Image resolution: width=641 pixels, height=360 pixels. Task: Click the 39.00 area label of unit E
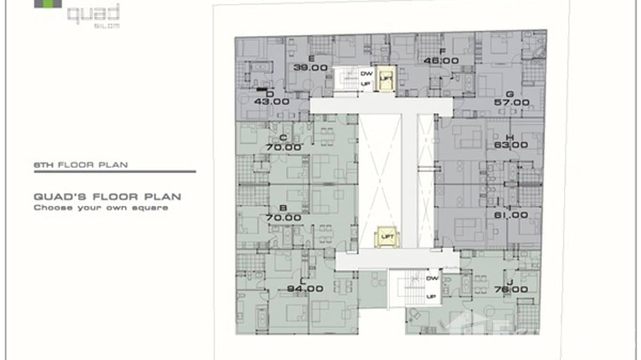point(310,68)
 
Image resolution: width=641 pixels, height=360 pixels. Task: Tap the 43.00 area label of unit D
point(272,101)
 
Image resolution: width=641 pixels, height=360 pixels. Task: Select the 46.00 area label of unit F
point(441,61)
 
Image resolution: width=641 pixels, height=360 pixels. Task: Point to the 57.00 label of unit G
point(512,103)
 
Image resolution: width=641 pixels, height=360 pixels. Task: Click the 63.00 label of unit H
point(511,145)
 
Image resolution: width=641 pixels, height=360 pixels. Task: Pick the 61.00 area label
point(511,215)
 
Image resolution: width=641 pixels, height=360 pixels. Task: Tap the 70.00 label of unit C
point(284,147)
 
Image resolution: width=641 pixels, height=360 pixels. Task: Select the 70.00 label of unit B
point(284,218)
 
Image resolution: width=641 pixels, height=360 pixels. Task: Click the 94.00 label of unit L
point(305,289)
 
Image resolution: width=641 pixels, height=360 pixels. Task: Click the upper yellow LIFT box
point(385,78)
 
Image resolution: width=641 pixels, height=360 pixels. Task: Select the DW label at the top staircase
point(366,74)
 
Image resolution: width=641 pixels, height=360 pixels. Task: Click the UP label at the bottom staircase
point(432,296)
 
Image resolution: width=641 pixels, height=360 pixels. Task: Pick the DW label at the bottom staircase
point(432,278)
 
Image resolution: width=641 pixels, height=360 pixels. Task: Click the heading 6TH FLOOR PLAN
point(81,165)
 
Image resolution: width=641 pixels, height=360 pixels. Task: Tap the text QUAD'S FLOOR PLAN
point(107,197)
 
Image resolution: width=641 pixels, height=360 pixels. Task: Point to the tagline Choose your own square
point(100,208)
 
